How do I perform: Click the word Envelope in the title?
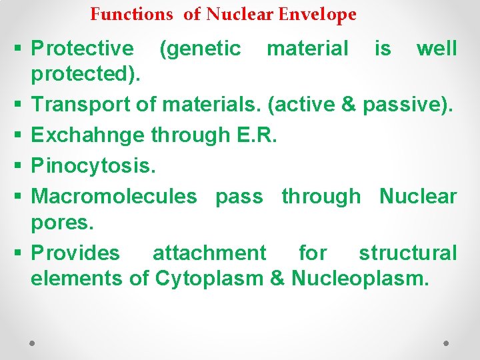[x=319, y=14]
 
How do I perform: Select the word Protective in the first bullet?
[x=83, y=49]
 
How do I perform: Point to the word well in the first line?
[x=436, y=49]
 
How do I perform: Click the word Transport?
[x=82, y=105]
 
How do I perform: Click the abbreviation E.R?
[x=257, y=135]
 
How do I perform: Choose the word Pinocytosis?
[x=93, y=166]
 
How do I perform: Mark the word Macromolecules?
[x=114, y=197]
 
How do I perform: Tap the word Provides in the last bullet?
[x=76, y=253]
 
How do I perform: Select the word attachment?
[x=209, y=253]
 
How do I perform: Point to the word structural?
[x=407, y=253]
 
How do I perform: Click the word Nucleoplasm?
[x=360, y=278]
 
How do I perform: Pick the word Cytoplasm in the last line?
[x=209, y=278]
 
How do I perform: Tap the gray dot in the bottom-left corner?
[x=33, y=342]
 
